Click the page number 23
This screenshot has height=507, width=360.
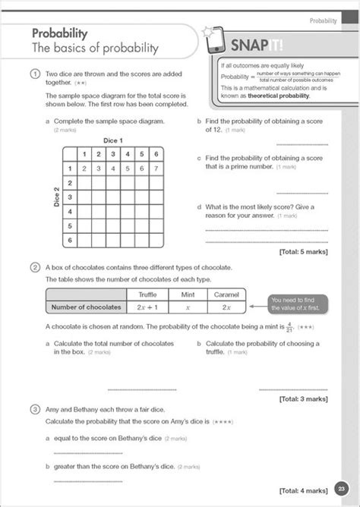342,488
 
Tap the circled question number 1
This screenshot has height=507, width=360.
35,74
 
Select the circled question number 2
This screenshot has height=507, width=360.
35,267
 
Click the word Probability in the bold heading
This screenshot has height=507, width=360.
60,33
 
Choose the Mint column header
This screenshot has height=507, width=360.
188,294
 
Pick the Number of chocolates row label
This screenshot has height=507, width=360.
87,307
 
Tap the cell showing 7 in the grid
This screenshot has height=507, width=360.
155,168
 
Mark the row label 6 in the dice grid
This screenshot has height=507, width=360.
71,239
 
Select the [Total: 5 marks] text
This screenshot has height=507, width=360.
303,251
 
